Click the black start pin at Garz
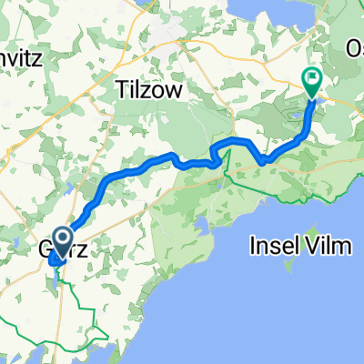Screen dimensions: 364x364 [63, 241]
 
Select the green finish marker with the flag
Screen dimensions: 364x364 [311, 83]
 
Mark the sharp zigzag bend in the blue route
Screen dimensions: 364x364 [217, 155]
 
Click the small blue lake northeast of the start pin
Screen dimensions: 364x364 [67, 191]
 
